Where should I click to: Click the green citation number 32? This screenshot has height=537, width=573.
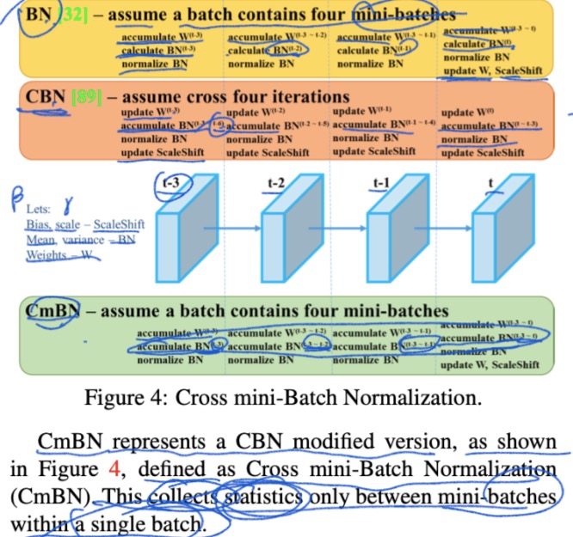pos(70,15)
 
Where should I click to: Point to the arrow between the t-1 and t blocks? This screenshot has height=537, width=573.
pos(444,229)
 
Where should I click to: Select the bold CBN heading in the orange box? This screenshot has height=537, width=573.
pos(43,97)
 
